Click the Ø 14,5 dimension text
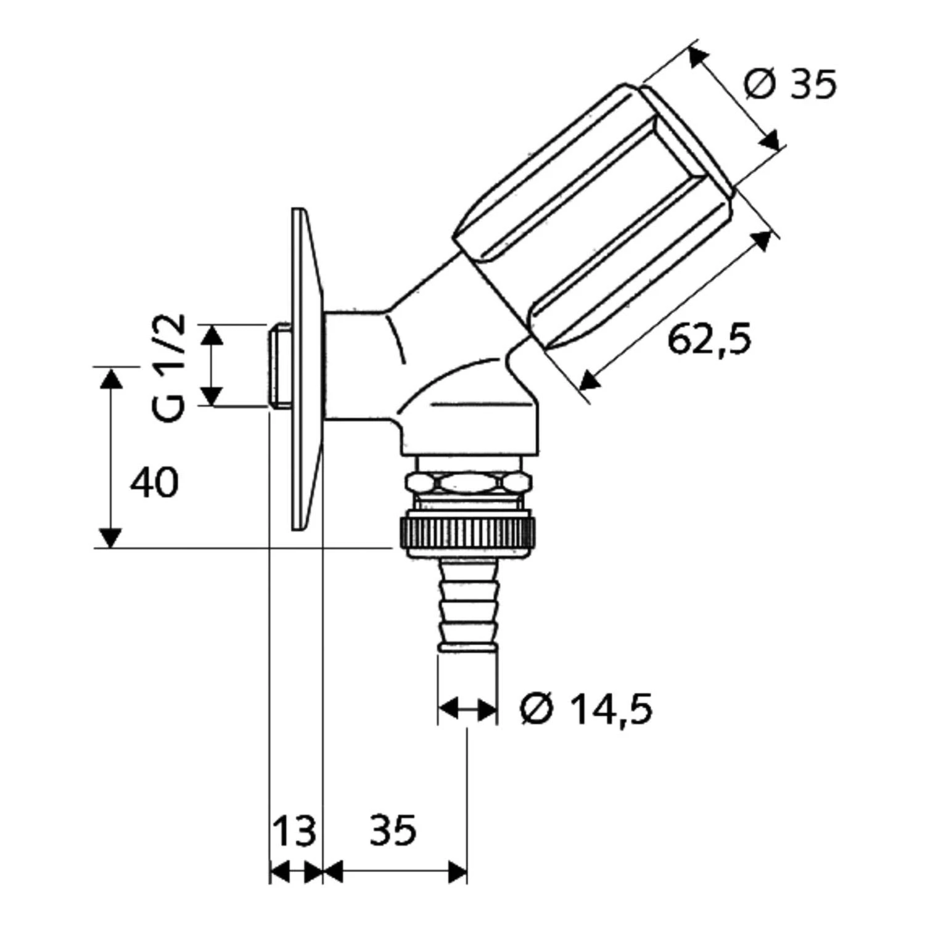coord(586,709)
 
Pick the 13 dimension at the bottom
coord(294,830)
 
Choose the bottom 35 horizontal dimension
coord(393,830)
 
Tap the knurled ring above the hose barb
coord(467,533)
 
